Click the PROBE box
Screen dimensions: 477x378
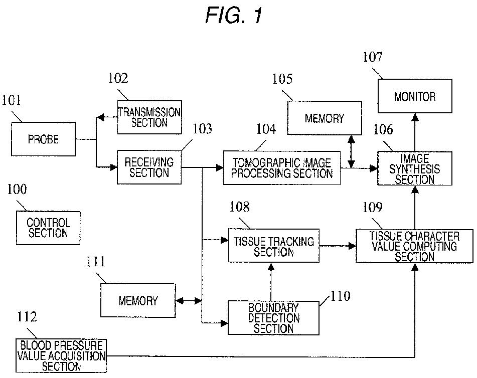pos(43,139)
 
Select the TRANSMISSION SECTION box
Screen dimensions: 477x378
pos(149,117)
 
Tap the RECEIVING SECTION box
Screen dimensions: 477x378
pos(149,167)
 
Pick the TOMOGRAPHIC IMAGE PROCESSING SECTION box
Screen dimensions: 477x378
pos(282,168)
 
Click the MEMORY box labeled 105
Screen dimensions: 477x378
pos(325,118)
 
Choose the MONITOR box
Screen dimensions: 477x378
pos(415,96)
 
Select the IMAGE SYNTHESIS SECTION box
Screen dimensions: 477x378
pos(415,168)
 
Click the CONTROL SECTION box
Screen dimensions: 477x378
pos(48,228)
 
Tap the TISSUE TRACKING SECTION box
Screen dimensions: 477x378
pos(274,246)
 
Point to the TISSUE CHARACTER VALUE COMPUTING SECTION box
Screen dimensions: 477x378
pos(415,246)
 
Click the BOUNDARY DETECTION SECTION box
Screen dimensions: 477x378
pos(273,318)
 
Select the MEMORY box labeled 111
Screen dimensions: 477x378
pos(138,300)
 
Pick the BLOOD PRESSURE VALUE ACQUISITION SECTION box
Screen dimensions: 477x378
pos(61,356)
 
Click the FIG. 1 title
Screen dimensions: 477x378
pos(234,15)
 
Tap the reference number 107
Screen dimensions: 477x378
pos(373,57)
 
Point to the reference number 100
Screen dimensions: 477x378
pos(17,189)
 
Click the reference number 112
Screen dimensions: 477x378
pos(27,317)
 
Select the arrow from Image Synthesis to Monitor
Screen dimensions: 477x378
pos(415,132)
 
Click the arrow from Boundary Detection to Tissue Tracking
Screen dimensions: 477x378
pos(271,282)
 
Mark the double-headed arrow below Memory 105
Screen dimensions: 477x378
pos(352,151)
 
